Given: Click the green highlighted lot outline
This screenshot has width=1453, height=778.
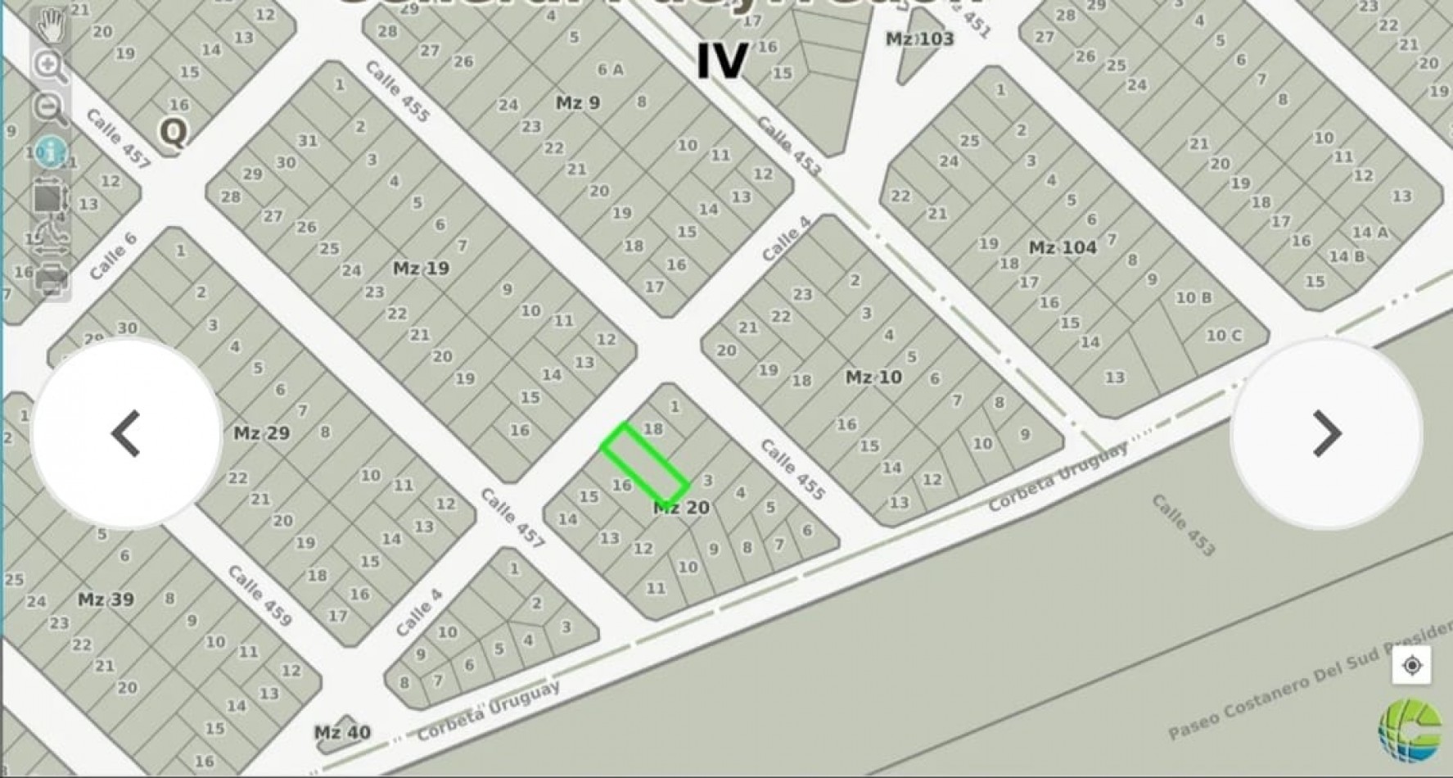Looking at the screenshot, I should point(644,464).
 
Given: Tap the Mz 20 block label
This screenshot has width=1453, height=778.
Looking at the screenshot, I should point(681,509).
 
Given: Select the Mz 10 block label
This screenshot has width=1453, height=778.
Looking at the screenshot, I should point(873,378).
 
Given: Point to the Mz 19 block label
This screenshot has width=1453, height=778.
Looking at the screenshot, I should point(421,269).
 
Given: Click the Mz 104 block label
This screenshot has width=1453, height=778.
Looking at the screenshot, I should point(1063,247).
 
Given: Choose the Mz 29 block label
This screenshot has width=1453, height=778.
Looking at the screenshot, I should point(261,433).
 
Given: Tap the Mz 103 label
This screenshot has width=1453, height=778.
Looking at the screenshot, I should point(919,39).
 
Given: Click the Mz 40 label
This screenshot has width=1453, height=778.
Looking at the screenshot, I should point(342,732).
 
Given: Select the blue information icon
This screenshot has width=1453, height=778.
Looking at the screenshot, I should point(51,152).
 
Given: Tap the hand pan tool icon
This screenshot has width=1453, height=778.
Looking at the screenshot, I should point(51,25).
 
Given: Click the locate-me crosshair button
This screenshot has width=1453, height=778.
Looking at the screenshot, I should point(1411,666).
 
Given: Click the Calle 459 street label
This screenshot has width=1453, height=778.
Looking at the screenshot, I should point(259,595).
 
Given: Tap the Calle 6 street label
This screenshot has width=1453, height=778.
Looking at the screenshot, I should point(113,256).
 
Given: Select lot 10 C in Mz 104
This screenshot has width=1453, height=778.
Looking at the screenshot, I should point(1223,335).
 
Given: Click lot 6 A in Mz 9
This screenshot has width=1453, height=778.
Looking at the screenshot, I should point(610,70).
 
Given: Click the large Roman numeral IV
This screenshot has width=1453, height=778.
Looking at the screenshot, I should point(722,61).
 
